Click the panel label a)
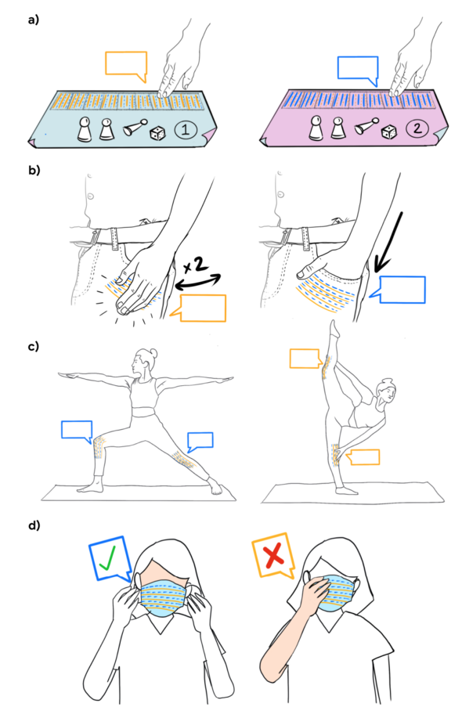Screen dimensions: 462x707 tap(34, 20)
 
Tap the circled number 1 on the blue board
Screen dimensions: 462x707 tap(185, 130)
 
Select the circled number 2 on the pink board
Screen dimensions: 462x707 tap(417, 128)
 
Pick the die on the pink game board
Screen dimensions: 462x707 tap(389, 132)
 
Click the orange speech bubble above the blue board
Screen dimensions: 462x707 tap(126, 63)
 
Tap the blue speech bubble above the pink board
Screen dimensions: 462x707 tap(358, 69)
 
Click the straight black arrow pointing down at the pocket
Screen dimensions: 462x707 tap(388, 241)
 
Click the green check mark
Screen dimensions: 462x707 tap(108, 557)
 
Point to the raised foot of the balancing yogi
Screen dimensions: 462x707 tap(333, 327)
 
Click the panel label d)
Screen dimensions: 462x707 tap(34, 525)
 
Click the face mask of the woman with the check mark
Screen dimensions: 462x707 tap(163, 597)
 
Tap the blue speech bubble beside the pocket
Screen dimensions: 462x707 tap(402, 290)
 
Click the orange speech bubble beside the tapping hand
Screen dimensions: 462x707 tap(201, 308)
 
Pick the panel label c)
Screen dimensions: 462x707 tap(34, 347)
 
